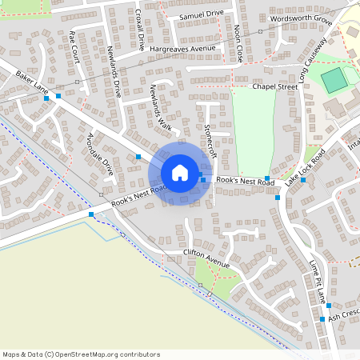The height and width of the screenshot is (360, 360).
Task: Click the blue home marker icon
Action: pos(180,173)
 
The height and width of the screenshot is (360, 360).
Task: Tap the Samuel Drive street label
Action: pos(202,15)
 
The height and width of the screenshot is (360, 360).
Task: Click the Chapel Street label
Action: pos(274,86)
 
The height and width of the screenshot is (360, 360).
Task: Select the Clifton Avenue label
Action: pos(206,258)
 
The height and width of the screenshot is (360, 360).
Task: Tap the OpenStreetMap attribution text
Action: pos(81,354)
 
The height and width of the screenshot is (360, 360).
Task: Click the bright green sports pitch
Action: pos(335,79)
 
